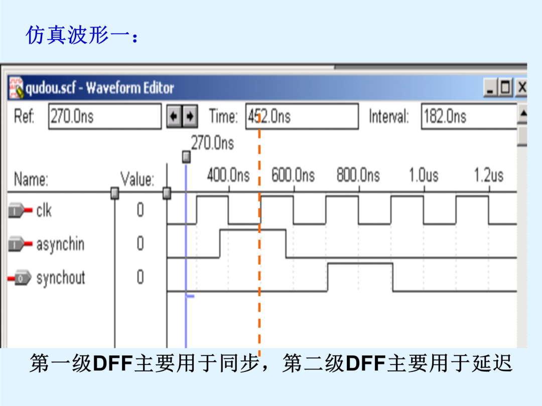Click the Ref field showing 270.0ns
coord(105,116)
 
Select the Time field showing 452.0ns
coord(302,116)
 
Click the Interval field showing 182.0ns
coord(469,116)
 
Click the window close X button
coord(521,87)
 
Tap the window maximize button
coord(506,87)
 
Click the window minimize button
coord(490,87)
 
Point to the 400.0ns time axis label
coord(228,175)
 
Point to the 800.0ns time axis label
coord(358,175)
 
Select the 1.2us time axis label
coord(488,175)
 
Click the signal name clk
coord(44,210)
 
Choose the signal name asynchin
coord(61,244)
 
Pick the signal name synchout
coord(61,278)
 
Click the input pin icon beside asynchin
coord(21,244)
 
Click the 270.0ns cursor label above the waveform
coord(213,142)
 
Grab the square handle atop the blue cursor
coord(186,157)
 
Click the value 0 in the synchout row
coord(140,277)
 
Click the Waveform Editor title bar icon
coord(16,88)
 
